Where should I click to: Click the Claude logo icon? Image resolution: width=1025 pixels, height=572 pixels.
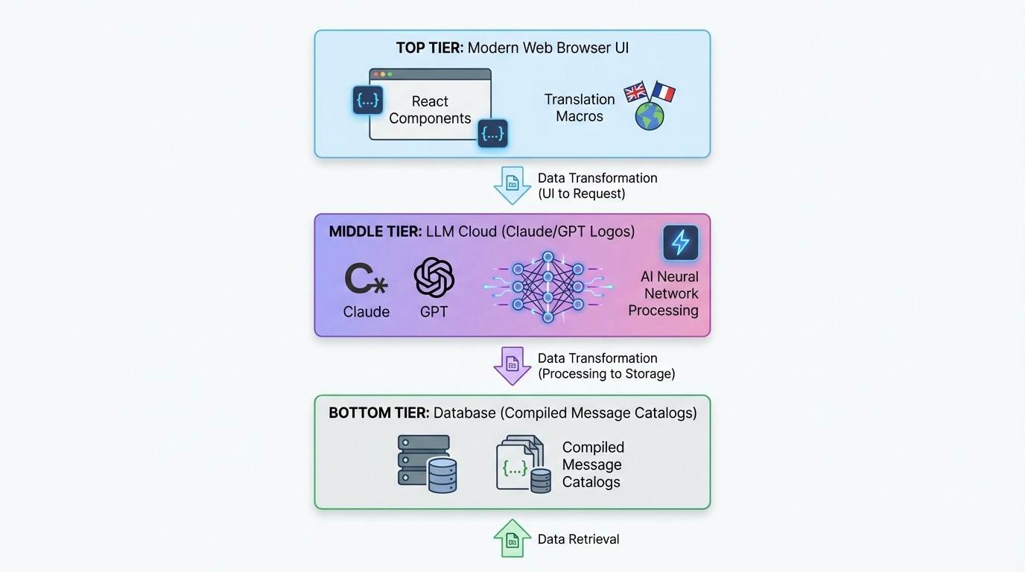pyautogui.click(x=365, y=279)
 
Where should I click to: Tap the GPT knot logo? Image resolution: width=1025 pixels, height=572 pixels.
pyautogui.click(x=434, y=277)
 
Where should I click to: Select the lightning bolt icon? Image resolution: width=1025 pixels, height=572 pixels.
pyautogui.click(x=680, y=243)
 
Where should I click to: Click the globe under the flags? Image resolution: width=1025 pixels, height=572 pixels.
pyautogui.click(x=650, y=116)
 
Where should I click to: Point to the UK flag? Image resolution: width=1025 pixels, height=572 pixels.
pyautogui.click(x=635, y=92)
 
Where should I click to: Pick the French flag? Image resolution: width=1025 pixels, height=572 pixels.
pyautogui.click(x=662, y=92)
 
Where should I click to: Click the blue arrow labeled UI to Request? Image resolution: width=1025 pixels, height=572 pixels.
pyautogui.click(x=512, y=185)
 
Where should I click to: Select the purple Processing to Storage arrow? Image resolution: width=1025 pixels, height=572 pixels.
pyautogui.click(x=512, y=365)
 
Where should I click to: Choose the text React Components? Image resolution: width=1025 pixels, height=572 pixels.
pyautogui.click(x=430, y=109)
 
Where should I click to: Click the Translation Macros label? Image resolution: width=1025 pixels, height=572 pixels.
pyautogui.click(x=580, y=107)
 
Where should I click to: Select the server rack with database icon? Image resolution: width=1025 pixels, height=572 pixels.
pyautogui.click(x=427, y=464)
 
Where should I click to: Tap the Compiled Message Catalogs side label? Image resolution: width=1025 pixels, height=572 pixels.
pyautogui.click(x=593, y=464)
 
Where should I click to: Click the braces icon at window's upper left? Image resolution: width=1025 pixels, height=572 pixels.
pyautogui.click(x=368, y=101)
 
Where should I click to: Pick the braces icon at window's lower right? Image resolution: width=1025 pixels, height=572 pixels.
pyautogui.click(x=492, y=133)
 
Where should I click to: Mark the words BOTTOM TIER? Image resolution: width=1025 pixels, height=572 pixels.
pyautogui.click(x=378, y=413)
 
